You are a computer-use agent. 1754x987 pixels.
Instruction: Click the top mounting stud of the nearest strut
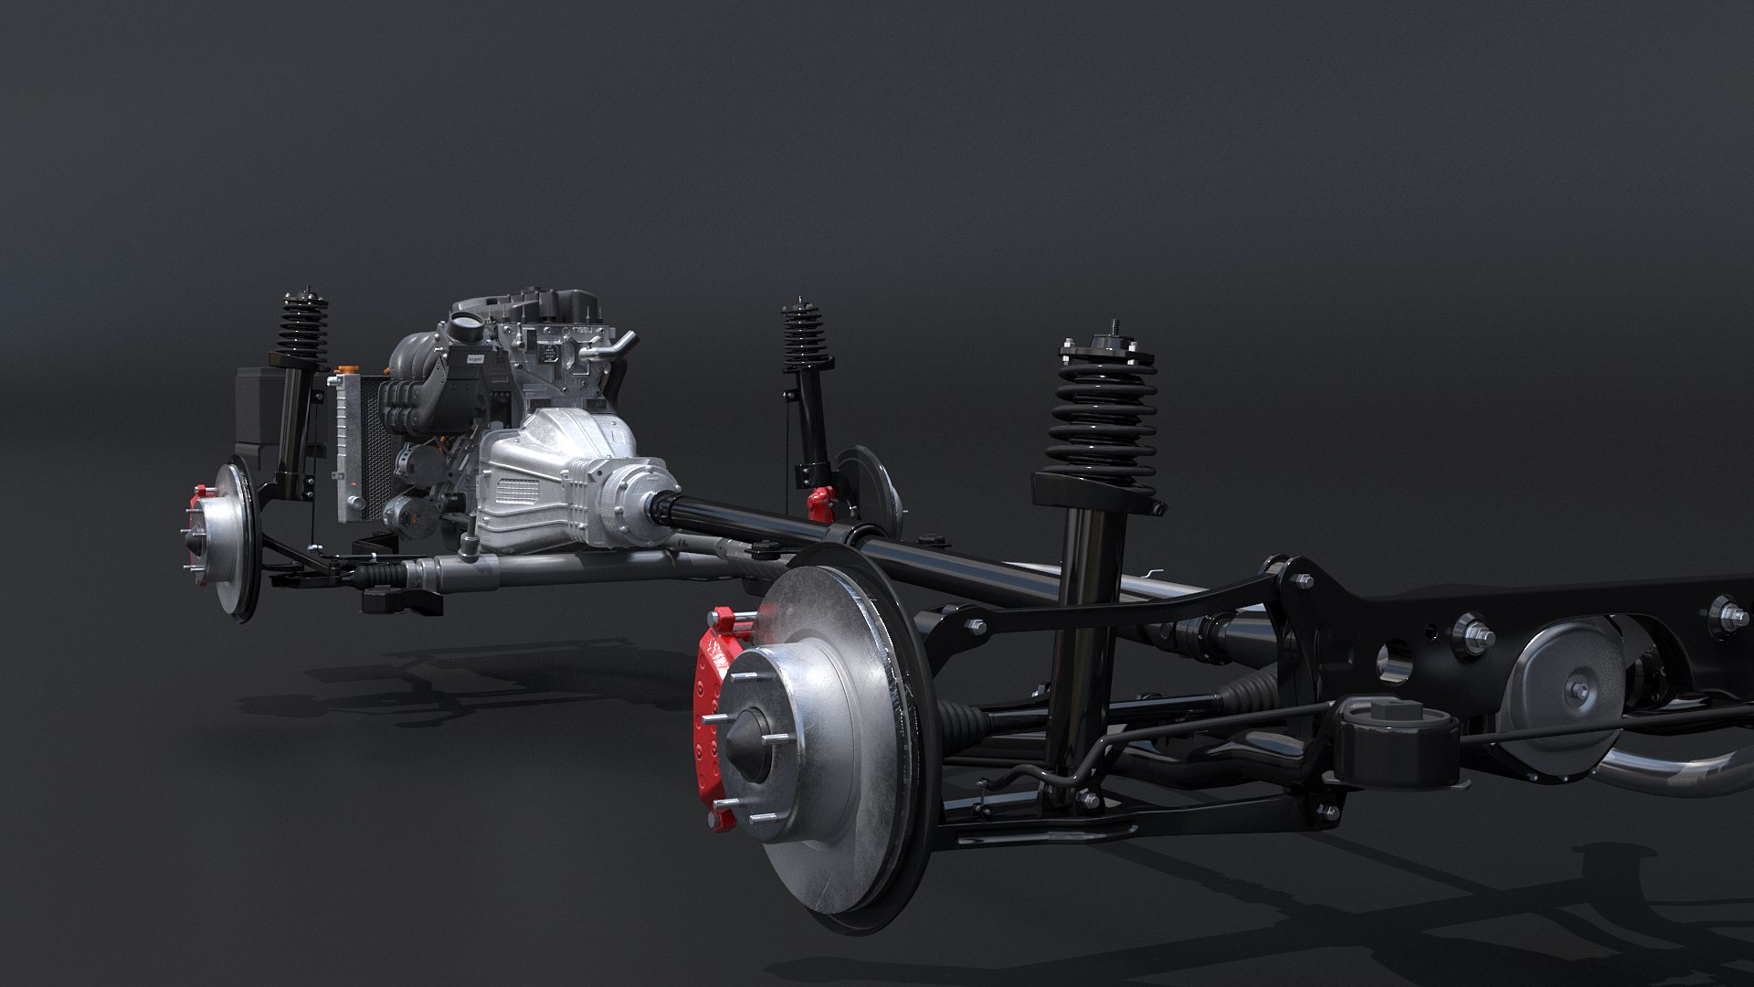coord(1115,328)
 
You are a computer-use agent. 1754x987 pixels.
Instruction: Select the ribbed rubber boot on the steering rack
coord(380,575)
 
